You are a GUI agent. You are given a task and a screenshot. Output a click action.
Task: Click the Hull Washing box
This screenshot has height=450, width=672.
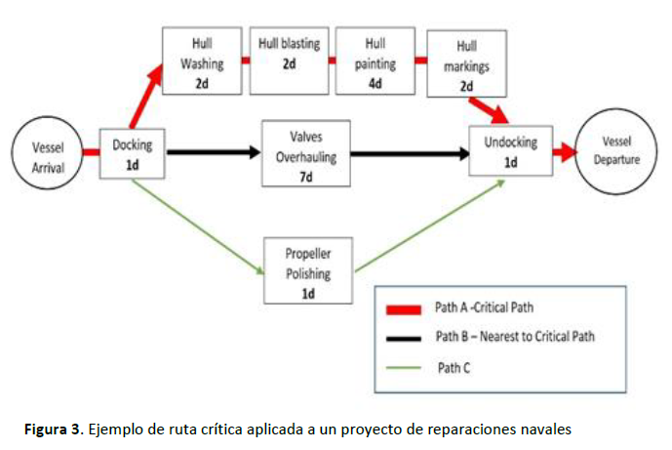pos(202,61)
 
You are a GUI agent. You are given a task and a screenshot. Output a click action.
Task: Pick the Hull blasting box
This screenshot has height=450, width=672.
pos(289,61)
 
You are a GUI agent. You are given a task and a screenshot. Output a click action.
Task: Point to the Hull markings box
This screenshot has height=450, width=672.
pos(466,63)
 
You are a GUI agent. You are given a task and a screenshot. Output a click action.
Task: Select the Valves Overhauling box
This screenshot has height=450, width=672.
pos(305,153)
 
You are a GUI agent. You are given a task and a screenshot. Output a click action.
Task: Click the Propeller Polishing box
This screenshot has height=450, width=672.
pos(307,270)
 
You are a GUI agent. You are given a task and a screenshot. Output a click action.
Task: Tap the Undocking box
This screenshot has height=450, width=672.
pos(510,151)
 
